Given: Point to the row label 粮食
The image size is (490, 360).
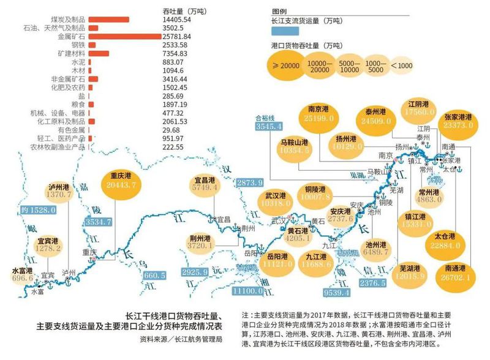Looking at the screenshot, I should point(78,105).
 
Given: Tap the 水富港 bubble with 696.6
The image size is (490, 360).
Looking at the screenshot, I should point(22,274).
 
